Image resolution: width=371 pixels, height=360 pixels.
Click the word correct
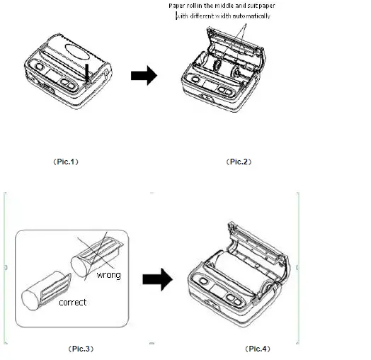point(72,303)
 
